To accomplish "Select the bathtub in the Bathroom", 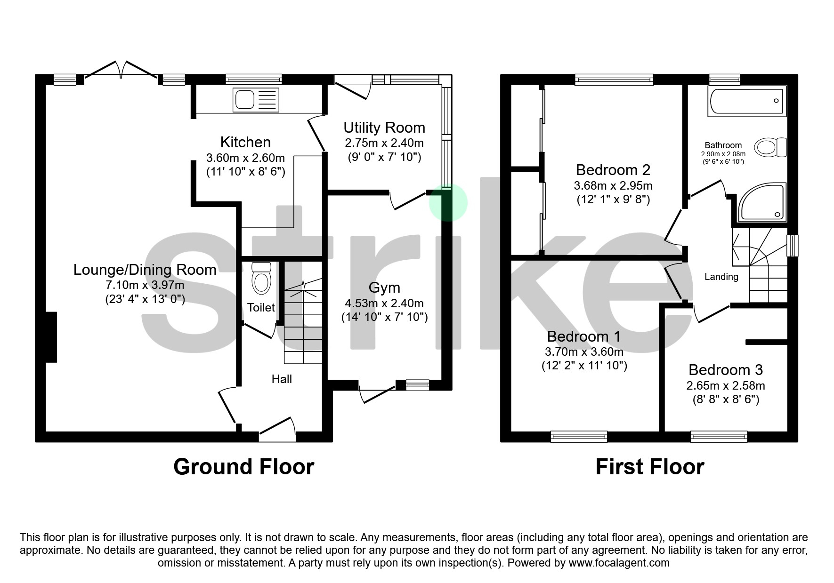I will point(746,101).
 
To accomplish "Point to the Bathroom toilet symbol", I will point(770,147).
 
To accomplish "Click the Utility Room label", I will point(384,128).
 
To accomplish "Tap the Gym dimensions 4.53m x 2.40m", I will point(384,303).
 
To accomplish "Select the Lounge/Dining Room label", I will point(145,270).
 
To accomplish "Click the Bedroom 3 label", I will point(725,370).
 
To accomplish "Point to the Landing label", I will point(721,277).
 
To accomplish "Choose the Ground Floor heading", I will point(243,467).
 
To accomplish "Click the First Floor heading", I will point(649,467).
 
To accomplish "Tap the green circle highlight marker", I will point(448,202).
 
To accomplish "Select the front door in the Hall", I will point(278,429).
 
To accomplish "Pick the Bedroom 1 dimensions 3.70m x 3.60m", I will point(584,351).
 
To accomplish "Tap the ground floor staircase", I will point(303,325).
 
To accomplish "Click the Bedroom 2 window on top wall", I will point(614,80).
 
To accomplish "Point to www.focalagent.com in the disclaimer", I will point(619,563).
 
